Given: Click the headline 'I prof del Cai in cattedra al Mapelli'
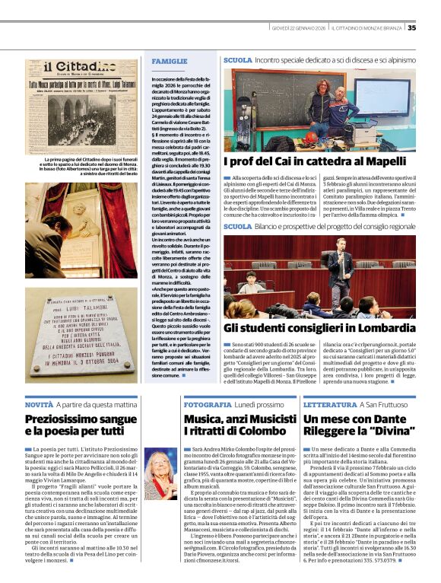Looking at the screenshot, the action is coord(304,162).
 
